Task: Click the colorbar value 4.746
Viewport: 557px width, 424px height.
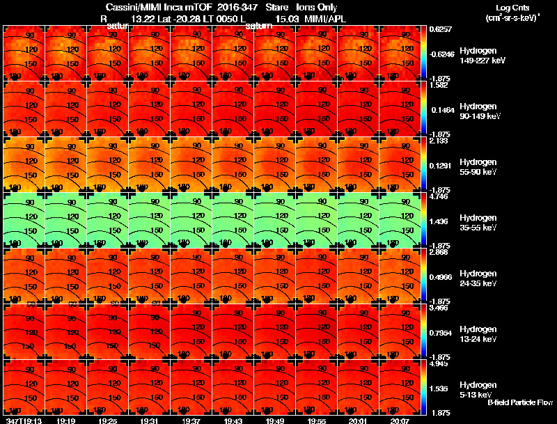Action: coord(439,197)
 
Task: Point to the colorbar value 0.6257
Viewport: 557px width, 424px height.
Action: coord(441,30)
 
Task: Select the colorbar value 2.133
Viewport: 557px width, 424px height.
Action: coord(439,141)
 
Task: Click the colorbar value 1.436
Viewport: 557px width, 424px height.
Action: coord(439,221)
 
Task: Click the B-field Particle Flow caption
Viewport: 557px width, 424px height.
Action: coord(520,402)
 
